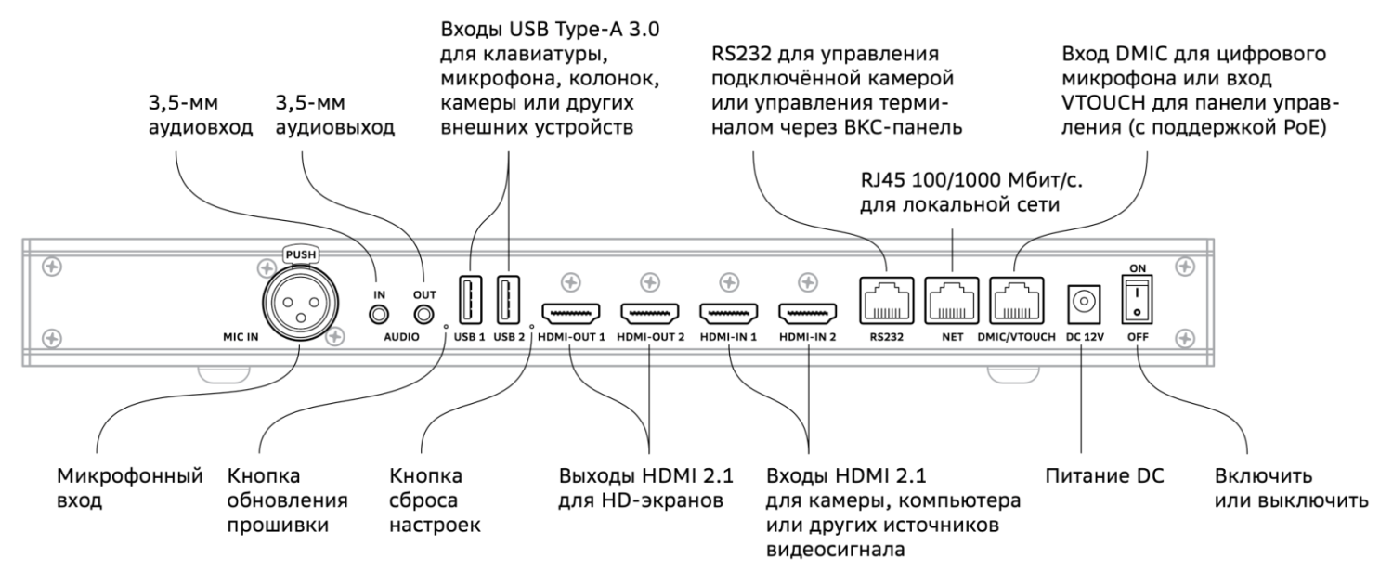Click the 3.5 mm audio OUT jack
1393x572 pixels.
point(424,313)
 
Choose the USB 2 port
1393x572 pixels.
point(509,300)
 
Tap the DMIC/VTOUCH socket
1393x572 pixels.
point(1016,299)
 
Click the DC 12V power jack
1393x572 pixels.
point(1083,301)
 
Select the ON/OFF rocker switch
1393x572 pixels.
point(1136,299)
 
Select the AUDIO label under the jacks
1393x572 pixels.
point(402,338)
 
